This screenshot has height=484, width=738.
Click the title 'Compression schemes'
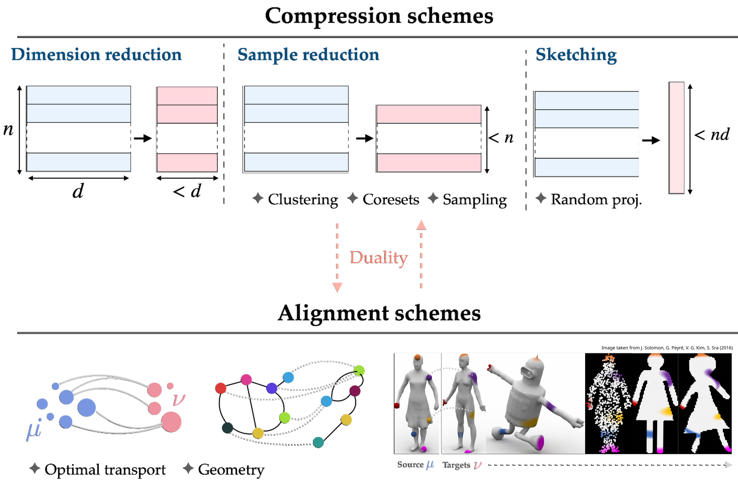point(379,16)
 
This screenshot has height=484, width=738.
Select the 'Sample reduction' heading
point(308,55)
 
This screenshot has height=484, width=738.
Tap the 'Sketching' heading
point(576,55)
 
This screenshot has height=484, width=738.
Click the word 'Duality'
point(379,258)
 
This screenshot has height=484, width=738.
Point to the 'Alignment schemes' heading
point(379,313)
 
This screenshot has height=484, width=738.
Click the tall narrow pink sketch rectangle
point(676,138)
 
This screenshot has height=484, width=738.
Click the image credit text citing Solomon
point(667,348)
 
